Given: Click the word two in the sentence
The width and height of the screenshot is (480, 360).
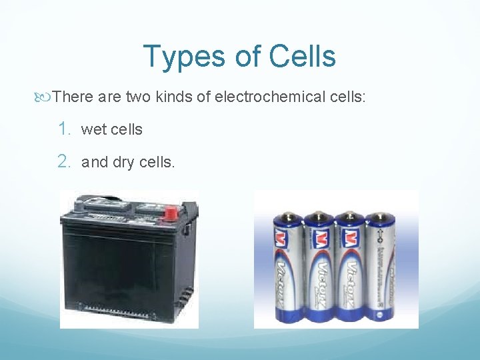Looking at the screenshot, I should click(x=138, y=97).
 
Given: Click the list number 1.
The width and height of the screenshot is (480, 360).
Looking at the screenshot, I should click(x=63, y=129).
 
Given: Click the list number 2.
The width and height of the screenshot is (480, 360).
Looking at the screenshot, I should click(x=63, y=161).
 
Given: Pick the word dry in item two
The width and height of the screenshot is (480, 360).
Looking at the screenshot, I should click(x=123, y=162).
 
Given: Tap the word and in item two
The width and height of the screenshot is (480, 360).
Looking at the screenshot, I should click(x=94, y=161).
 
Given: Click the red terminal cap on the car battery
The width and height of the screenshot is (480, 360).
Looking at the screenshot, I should click(x=170, y=214).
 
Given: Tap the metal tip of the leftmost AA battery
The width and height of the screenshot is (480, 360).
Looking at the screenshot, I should click(x=288, y=216).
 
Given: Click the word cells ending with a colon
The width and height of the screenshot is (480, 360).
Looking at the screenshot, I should click(x=347, y=97).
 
